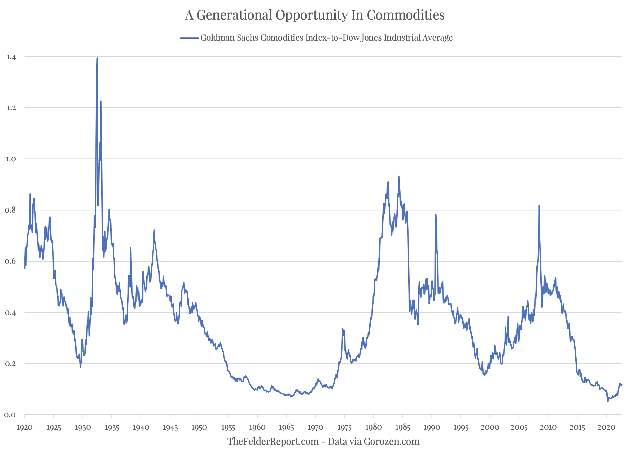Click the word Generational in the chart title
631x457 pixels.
[234, 15]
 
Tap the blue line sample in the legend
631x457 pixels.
[189, 38]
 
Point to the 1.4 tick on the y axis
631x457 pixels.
[11, 57]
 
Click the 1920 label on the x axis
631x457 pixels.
[24, 428]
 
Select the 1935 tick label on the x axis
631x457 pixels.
[112, 428]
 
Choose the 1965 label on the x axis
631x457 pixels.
[286, 428]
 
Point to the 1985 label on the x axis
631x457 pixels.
[402, 428]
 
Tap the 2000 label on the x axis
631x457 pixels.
[490, 428]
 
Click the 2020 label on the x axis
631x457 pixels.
[606, 428]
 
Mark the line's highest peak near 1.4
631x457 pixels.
[97, 58]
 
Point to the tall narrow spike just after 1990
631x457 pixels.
[436, 215]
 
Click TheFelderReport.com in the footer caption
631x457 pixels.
[273, 442]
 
